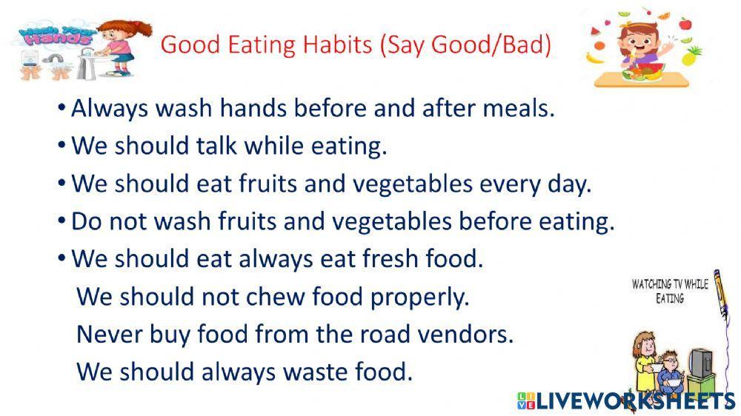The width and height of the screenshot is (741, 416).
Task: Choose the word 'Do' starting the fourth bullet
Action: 84,221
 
